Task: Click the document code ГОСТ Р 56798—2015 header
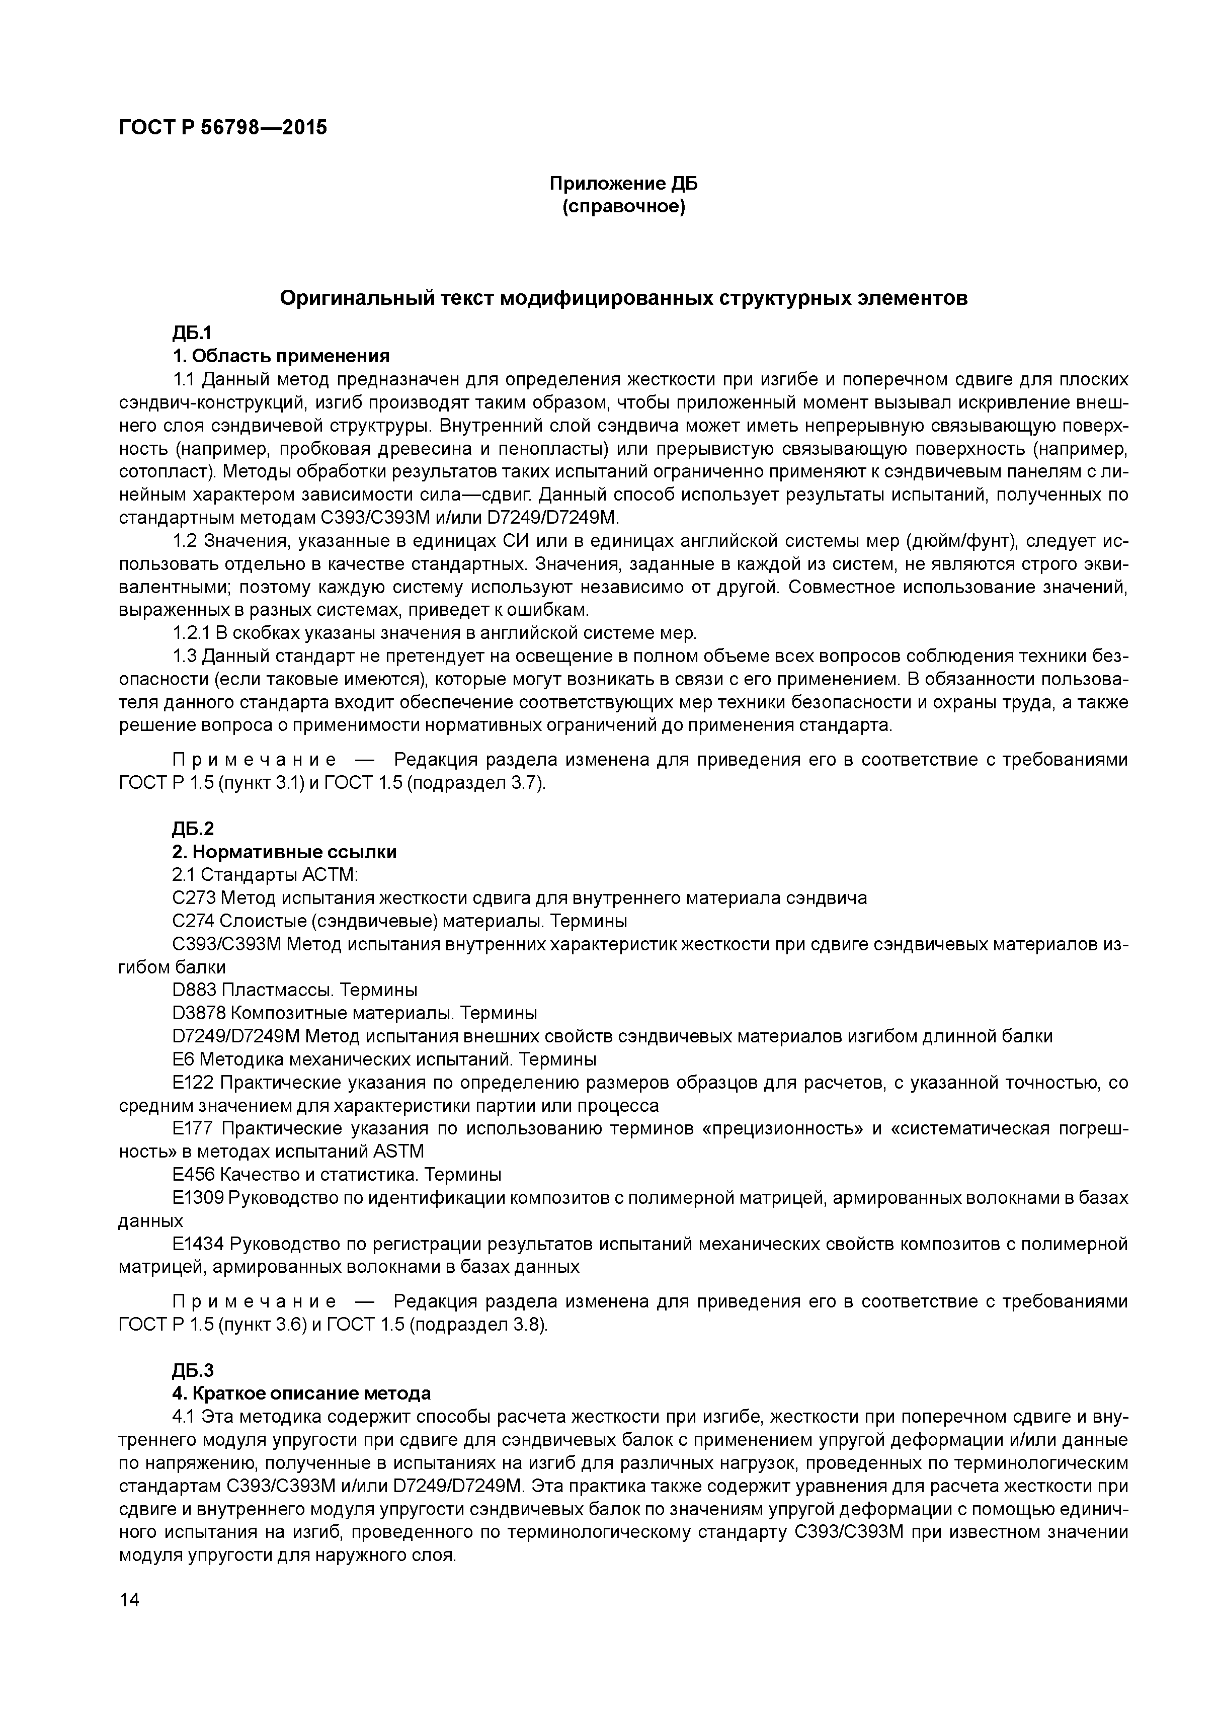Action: pyautogui.click(x=223, y=128)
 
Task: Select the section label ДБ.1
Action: pyautogui.click(x=193, y=333)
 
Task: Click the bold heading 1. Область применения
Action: pyautogui.click(x=281, y=356)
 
